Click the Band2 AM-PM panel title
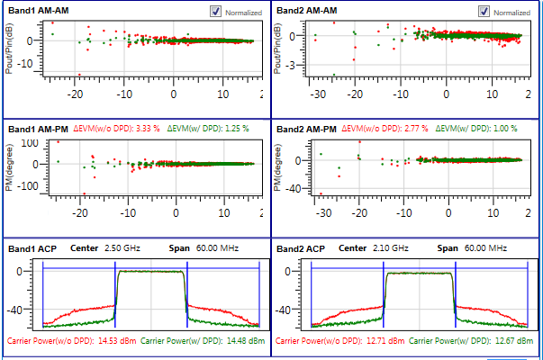pos(306,129)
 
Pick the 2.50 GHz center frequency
pos(121,247)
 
